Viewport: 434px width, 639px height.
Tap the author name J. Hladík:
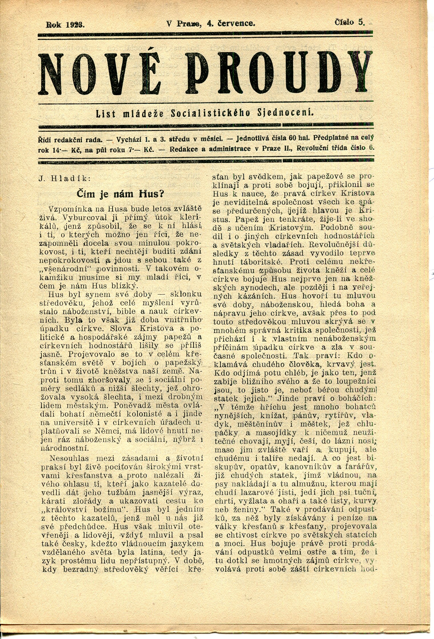[x=64, y=179]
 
